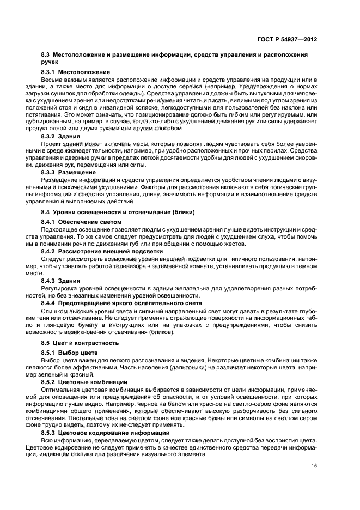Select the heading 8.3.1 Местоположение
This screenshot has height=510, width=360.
[x=76, y=72]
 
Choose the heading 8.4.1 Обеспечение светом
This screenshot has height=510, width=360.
[x=81, y=222]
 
